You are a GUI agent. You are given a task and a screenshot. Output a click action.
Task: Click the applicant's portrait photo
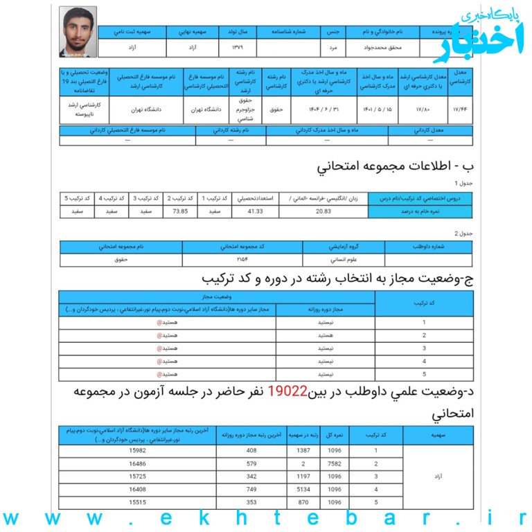click(x=78, y=32)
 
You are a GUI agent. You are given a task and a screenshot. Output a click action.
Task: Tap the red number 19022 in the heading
click(x=287, y=391)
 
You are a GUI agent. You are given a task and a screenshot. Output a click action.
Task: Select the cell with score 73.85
click(x=180, y=211)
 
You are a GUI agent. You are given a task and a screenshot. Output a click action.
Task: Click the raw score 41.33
click(x=256, y=211)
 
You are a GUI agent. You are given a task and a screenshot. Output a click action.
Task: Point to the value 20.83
click(x=323, y=211)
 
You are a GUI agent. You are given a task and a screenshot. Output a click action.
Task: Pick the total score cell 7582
click(x=335, y=463)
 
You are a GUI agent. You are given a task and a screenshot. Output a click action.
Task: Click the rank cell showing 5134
click(x=305, y=489)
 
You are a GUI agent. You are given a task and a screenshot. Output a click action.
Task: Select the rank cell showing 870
click(x=305, y=502)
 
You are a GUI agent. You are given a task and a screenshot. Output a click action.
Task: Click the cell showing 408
click(x=251, y=451)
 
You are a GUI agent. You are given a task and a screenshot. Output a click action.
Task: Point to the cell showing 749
click(x=251, y=489)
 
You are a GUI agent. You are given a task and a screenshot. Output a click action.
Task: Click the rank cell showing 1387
click(x=305, y=451)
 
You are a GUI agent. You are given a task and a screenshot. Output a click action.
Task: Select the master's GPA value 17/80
click(x=423, y=109)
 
